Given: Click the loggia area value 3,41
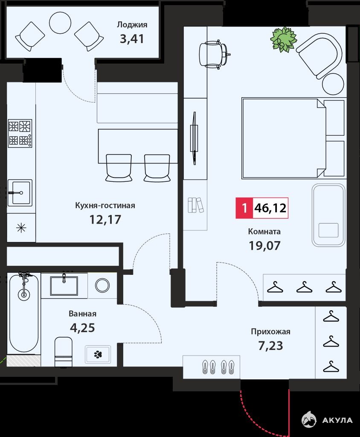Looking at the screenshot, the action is coord(132,39).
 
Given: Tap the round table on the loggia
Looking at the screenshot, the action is coord(60,23).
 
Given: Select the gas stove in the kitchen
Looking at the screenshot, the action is coord(20,134).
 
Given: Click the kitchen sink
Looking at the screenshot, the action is coord(20,192).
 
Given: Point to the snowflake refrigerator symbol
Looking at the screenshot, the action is coord(21,228).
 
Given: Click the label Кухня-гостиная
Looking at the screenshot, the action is coord(105,205).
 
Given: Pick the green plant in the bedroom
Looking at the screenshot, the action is coord(283,39).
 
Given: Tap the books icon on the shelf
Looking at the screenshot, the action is coord(196,205).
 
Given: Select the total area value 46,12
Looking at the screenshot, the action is coord(270,208).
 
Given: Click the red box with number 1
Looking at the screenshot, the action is coord(244,208).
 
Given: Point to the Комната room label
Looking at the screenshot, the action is coord(264,231).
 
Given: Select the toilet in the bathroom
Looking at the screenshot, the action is coord(63,352).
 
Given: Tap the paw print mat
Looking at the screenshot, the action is coord(98,354).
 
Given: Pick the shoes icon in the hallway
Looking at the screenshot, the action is coord(218,367).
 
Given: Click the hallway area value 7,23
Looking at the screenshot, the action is coord(270,346).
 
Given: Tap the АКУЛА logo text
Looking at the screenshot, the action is coord(337,420).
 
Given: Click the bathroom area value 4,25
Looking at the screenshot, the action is coord(82,328).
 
